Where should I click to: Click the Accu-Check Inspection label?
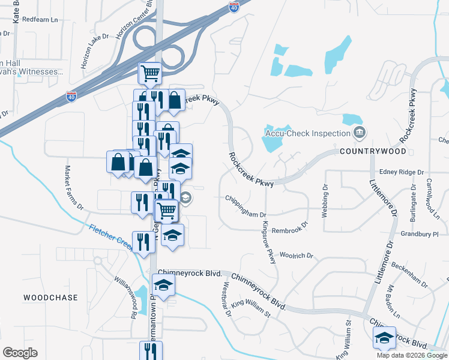[307, 133]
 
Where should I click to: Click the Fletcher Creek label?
[111, 236]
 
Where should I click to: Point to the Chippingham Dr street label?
[246, 206]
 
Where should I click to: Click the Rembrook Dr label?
[289, 227]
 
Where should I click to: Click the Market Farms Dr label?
[74, 188]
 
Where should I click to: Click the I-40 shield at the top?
[234, 7]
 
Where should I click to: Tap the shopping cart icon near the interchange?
[150, 73]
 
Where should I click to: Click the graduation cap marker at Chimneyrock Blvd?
[163, 284]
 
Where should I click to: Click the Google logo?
[20, 353]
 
